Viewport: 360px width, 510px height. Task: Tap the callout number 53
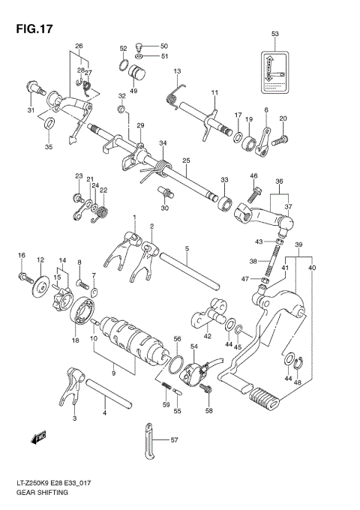click(x=274, y=34)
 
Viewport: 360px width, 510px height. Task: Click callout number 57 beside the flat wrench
click(x=175, y=440)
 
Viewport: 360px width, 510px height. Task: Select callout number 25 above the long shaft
click(x=185, y=160)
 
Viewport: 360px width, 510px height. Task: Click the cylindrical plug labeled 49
click(x=138, y=73)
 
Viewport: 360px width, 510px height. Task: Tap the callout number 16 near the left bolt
click(x=22, y=256)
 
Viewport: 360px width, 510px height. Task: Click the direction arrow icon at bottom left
click(x=38, y=435)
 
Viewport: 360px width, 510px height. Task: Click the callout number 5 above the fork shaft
click(x=186, y=247)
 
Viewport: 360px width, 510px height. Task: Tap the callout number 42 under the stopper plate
click(x=208, y=337)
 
